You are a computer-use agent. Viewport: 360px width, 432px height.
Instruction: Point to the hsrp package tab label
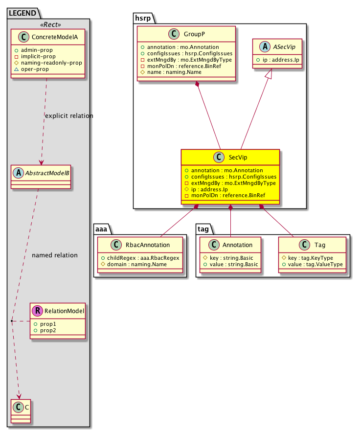click(143, 18)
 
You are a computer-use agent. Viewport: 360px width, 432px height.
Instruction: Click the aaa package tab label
click(102, 228)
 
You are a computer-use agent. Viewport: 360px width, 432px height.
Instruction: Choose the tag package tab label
click(203, 228)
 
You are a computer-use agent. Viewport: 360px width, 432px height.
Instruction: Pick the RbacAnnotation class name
click(145, 246)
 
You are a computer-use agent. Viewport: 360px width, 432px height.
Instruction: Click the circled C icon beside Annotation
click(212, 246)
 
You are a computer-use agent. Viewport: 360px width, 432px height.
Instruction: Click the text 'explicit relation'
click(68, 116)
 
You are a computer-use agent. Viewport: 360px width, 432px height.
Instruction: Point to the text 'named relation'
click(54, 255)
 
